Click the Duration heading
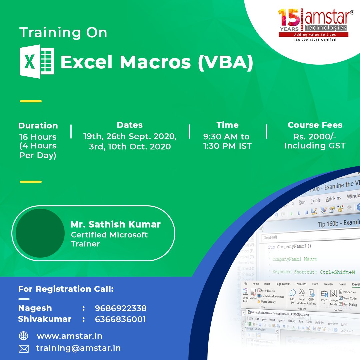(x=38, y=126)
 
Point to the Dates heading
(x=130, y=125)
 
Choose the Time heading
(x=227, y=125)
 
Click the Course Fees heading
(x=315, y=125)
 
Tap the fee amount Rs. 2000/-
(x=315, y=137)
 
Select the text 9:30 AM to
(x=226, y=137)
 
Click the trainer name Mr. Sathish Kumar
(x=116, y=224)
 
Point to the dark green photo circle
(x=40, y=233)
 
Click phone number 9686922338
(x=121, y=308)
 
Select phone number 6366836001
(x=120, y=319)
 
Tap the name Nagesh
(x=35, y=308)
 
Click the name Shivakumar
(x=45, y=319)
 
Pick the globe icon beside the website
(x=24, y=336)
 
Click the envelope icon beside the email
(x=24, y=349)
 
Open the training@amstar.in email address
(x=78, y=348)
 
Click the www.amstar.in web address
(x=69, y=336)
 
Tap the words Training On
(x=63, y=33)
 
